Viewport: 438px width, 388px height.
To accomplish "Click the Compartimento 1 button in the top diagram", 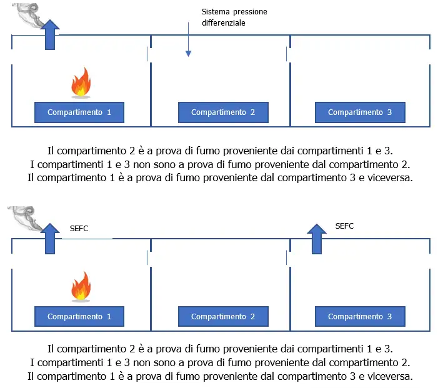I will [x=79, y=112].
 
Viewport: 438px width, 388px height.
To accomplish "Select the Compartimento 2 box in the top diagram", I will [x=223, y=112].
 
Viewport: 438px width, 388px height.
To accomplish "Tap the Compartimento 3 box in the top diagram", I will [x=360, y=112].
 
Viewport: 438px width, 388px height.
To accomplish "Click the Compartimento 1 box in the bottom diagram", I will [x=79, y=316].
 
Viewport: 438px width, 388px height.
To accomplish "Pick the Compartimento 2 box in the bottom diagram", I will [x=223, y=316].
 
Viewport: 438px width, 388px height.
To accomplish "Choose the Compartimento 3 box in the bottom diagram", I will [x=360, y=316].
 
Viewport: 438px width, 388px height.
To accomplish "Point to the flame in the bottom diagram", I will [x=81, y=286].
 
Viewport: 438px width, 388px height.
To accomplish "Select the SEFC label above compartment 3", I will [x=344, y=226].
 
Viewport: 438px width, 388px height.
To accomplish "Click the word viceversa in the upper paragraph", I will [x=390, y=177].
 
